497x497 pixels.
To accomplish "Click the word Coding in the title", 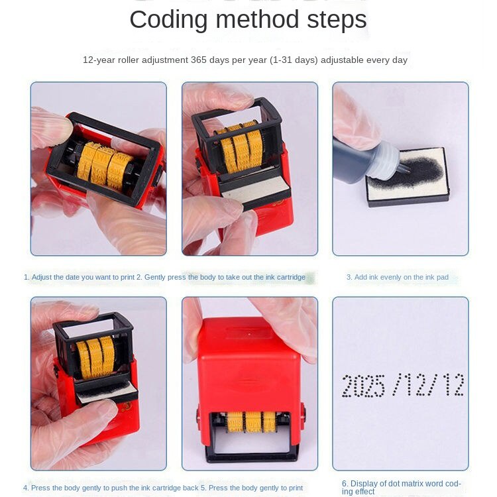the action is coord(168,20).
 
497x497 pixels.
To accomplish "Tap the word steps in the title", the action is coord(337,20).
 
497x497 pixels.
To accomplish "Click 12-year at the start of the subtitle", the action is coord(99,60).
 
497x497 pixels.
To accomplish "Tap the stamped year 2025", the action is coord(364,386).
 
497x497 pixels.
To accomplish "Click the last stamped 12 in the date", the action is coord(453,384).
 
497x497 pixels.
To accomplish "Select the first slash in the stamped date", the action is coord(398,385).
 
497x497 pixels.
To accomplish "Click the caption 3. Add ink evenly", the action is coord(398,278).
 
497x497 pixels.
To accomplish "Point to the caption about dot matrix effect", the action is coord(402,487).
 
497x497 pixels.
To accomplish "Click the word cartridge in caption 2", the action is coord(291,278).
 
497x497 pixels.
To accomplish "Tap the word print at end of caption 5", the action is coord(296,488).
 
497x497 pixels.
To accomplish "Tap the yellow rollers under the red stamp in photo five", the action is coord(251,421).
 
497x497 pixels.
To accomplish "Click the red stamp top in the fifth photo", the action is coord(249,333).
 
